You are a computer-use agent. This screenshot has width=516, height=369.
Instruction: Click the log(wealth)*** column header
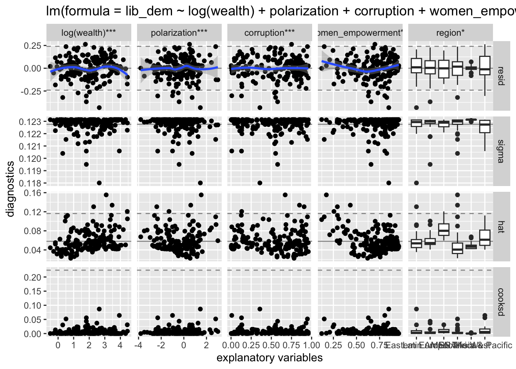click(89, 33)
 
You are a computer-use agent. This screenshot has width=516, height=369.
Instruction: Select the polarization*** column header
click(179, 33)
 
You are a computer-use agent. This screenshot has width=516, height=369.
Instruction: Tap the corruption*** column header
click(270, 33)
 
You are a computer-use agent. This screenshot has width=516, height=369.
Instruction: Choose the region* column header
click(450, 33)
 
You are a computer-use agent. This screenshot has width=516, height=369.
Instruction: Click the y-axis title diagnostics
click(10, 188)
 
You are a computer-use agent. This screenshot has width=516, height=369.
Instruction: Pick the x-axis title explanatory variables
click(270, 358)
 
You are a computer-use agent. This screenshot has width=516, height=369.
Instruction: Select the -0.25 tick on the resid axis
click(31, 91)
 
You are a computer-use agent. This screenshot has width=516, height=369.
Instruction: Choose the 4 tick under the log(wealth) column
click(120, 345)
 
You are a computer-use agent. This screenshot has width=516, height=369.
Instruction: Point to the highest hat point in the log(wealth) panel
click(106, 195)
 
